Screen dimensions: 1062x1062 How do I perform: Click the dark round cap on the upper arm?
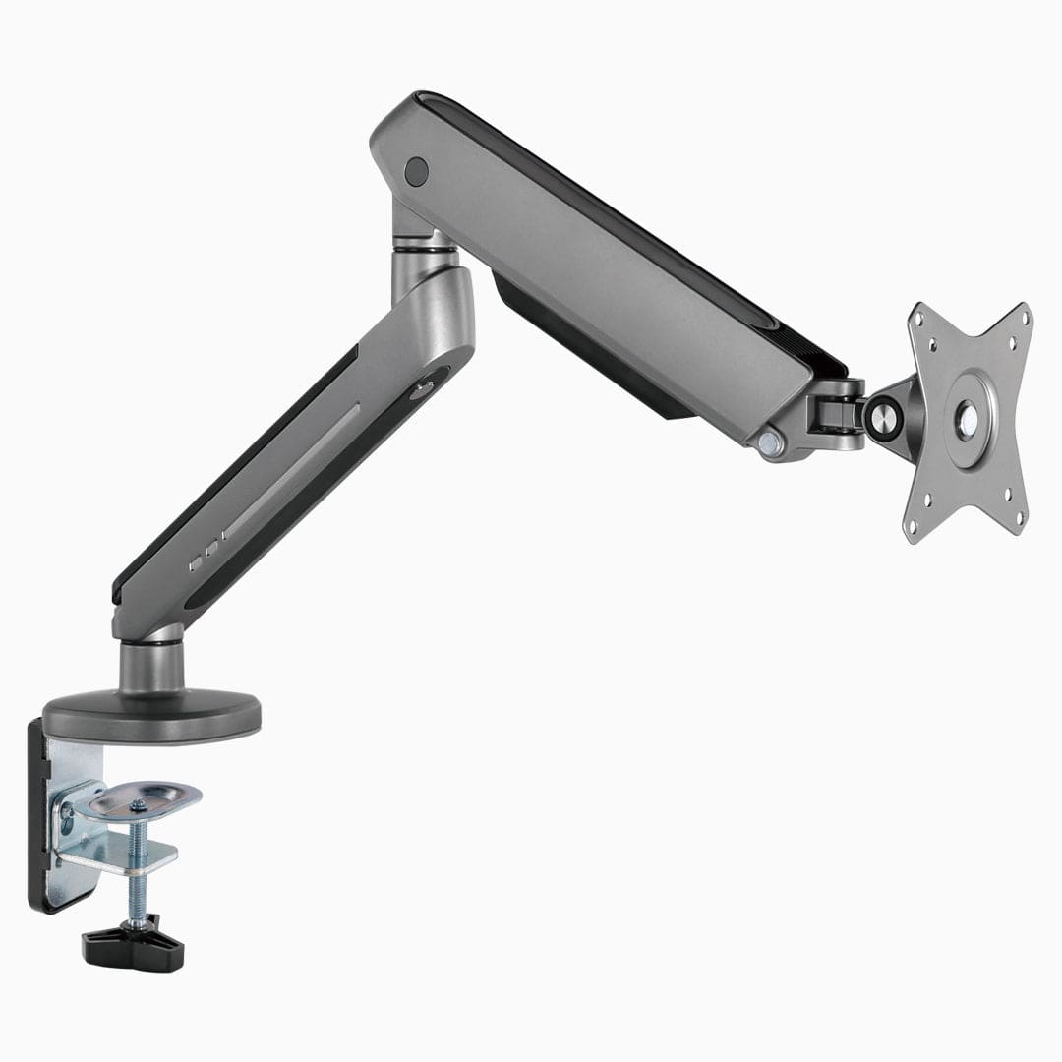(417, 170)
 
